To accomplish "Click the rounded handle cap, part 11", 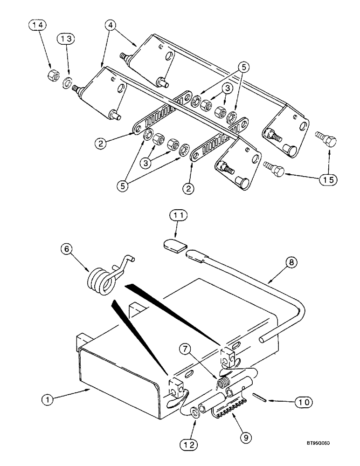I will [175, 245].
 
